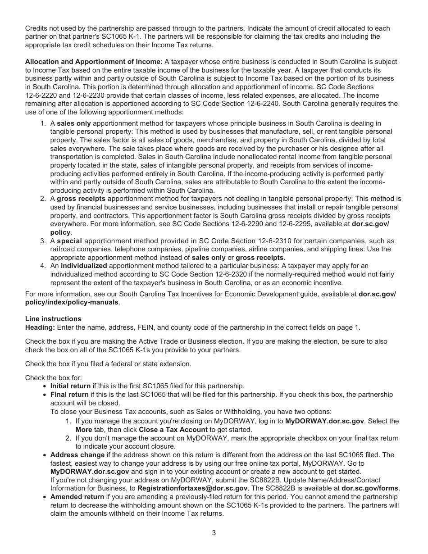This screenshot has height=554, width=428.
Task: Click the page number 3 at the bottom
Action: (x=214, y=533)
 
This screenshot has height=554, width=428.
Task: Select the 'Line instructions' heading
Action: (x=53, y=319)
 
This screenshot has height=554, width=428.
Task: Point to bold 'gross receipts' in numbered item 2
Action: (x=81, y=199)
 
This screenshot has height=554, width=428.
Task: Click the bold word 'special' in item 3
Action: (x=69, y=241)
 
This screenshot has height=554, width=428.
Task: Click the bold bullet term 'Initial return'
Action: (x=70, y=386)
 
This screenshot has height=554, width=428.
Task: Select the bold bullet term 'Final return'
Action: (x=69, y=395)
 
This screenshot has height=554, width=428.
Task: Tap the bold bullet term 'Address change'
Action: (x=77, y=455)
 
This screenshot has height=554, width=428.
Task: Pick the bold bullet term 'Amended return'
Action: (x=77, y=497)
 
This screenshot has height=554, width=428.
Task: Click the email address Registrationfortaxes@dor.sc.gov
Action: (x=192, y=488)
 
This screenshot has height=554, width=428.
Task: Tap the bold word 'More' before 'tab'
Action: (x=84, y=430)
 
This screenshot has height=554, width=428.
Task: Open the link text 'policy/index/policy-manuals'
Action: (x=72, y=302)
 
